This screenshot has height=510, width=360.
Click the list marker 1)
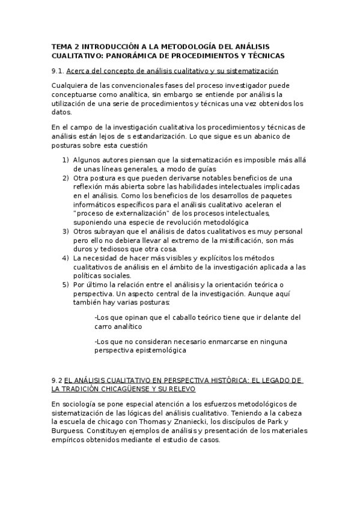pyautogui.click(x=66, y=160)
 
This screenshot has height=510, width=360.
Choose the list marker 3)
pyautogui.click(x=66, y=231)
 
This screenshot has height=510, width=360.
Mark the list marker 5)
pyautogui.click(x=66, y=284)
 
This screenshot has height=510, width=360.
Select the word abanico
pyautogui.click(x=273, y=137)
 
